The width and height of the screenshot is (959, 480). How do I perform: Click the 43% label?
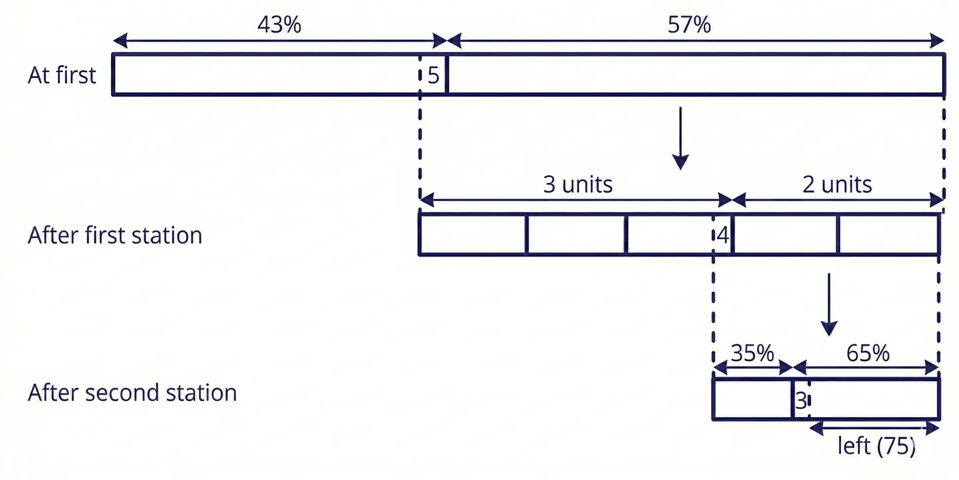[279, 25]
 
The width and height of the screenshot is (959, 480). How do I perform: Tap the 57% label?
[689, 25]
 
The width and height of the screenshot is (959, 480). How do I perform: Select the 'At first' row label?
[62, 75]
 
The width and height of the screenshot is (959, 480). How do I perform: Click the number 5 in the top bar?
[433, 75]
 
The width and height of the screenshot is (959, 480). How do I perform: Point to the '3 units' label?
[577, 184]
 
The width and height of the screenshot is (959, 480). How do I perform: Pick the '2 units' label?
[837, 184]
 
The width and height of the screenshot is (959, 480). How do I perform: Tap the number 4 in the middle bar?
[723, 235]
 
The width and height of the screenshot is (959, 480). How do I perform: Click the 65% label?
[868, 353]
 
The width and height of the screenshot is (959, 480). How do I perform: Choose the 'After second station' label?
[132, 392]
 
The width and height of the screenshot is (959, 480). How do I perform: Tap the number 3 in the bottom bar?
[801, 401]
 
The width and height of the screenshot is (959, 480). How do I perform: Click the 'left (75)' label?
[876, 446]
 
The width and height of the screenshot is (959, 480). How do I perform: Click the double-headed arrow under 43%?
[279, 40]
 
